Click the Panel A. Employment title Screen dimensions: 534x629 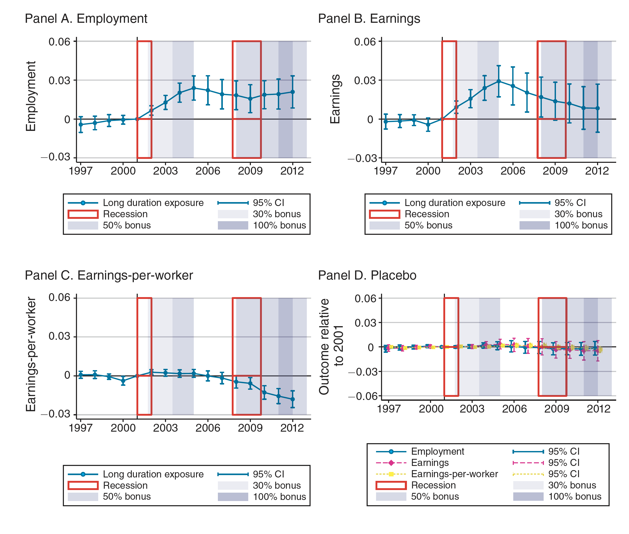(x=86, y=19)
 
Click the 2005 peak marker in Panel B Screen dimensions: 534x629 (x=499, y=81)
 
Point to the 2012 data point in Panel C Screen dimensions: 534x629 (x=293, y=399)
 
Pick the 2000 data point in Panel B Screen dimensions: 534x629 (x=428, y=124)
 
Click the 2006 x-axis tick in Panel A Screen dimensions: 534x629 (x=208, y=171)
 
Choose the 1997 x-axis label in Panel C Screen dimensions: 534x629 (x=81, y=428)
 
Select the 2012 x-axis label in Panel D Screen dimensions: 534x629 (x=598, y=409)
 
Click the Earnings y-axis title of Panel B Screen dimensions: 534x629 (x=335, y=99)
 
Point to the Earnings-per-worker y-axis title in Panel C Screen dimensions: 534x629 (x=31, y=354)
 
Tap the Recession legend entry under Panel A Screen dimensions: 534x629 (x=125, y=214)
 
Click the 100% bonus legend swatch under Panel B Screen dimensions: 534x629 (x=534, y=225)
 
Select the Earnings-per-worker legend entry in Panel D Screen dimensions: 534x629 (x=454, y=474)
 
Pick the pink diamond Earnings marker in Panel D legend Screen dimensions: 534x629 (x=391, y=463)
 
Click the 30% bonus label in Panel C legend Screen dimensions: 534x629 (x=277, y=485)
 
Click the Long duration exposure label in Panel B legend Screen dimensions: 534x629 (x=455, y=203)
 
